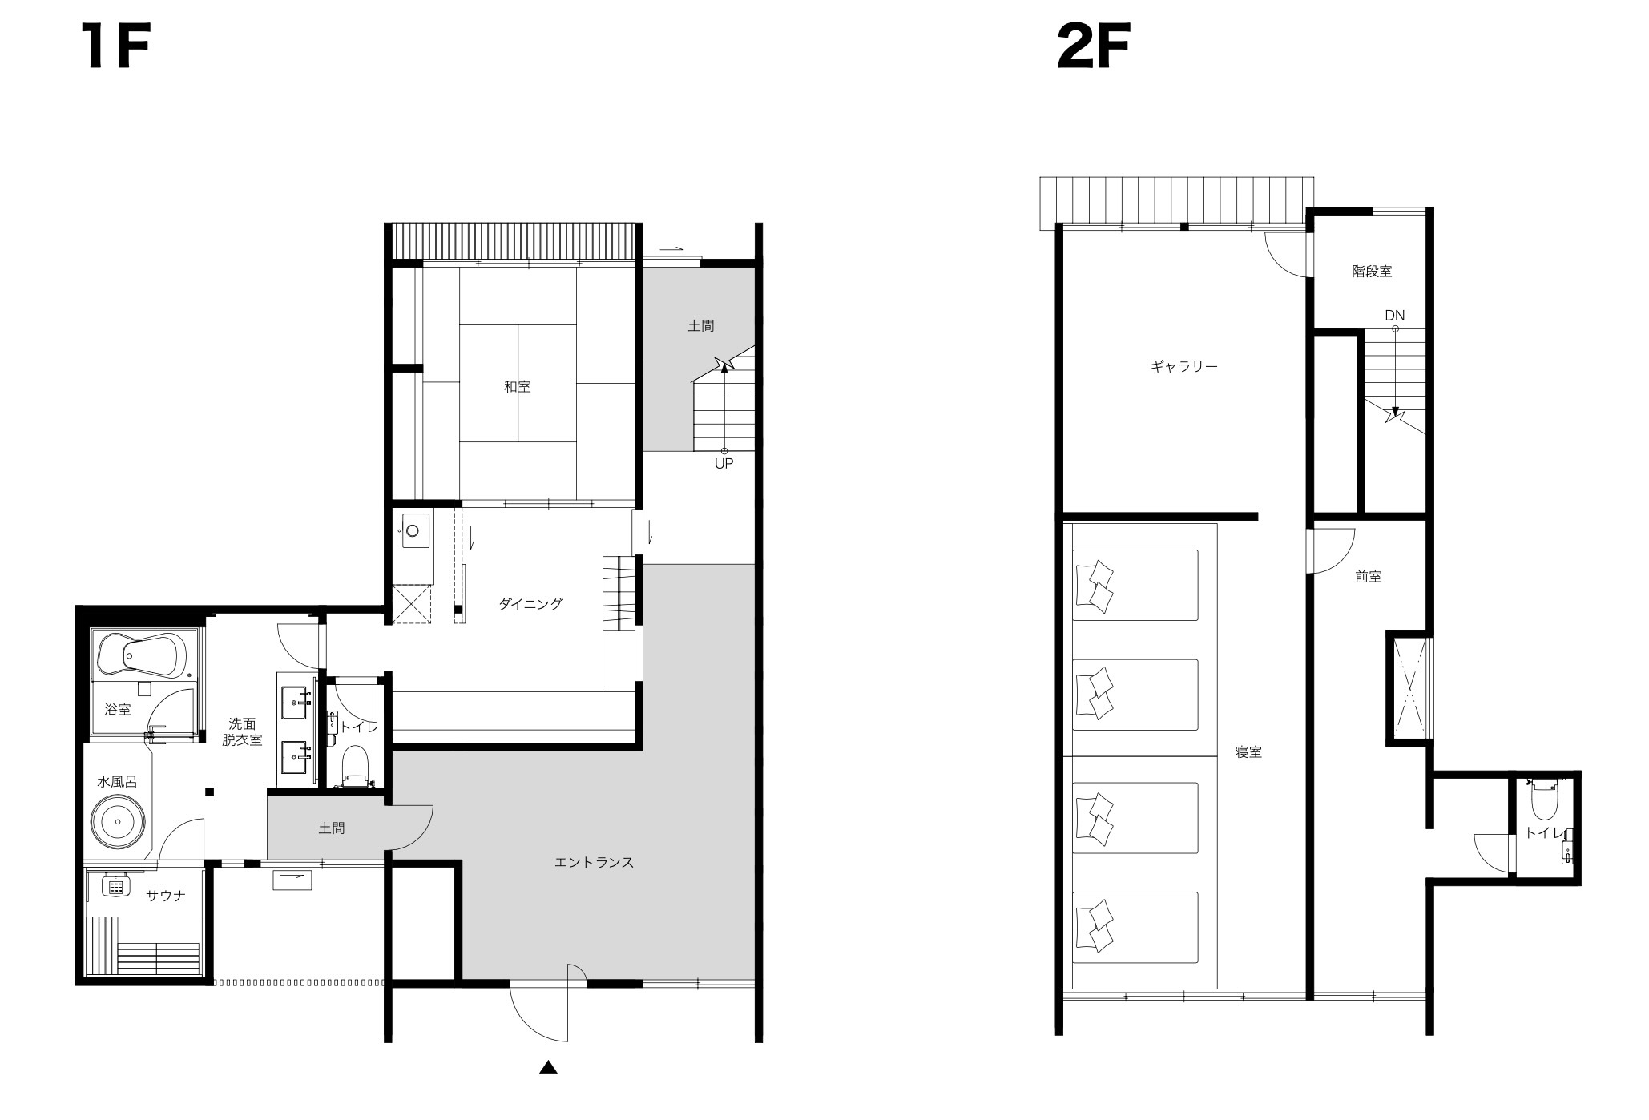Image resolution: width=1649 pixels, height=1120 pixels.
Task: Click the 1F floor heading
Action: click(x=115, y=47)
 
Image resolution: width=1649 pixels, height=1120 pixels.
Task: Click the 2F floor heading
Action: click(x=1093, y=47)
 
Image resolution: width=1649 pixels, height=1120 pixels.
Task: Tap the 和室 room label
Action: click(x=518, y=386)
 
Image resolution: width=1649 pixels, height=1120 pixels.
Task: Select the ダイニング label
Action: click(x=531, y=604)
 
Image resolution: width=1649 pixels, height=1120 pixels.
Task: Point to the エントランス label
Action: click(x=595, y=862)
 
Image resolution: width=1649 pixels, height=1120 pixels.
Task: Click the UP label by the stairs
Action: click(x=724, y=464)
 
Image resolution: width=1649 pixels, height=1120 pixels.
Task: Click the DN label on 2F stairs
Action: click(x=1395, y=316)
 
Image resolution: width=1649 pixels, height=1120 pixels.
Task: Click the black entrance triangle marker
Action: click(x=548, y=1067)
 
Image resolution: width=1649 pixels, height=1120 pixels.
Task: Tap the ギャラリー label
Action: click(x=1184, y=367)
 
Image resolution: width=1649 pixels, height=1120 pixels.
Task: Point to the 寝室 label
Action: click(x=1248, y=752)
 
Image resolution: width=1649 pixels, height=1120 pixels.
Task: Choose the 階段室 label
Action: click(x=1372, y=272)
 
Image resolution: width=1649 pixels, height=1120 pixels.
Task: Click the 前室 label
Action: click(x=1369, y=577)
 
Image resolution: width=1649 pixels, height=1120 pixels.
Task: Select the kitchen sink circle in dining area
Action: click(x=413, y=530)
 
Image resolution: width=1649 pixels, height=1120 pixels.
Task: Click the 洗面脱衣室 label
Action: click(x=242, y=732)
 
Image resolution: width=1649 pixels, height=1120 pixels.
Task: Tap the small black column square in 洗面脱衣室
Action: click(x=210, y=792)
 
